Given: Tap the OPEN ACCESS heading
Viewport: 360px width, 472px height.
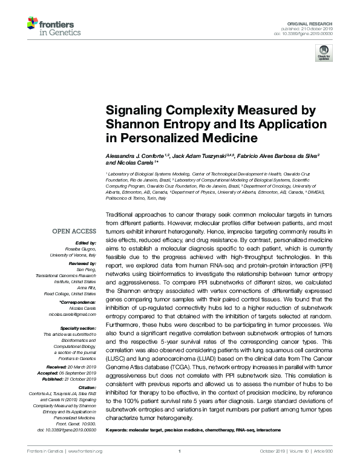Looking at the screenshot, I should click(x=74, y=231).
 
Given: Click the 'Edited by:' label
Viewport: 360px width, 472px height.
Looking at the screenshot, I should click(x=85, y=243).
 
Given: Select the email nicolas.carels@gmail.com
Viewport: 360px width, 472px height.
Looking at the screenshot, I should click(x=73, y=315).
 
